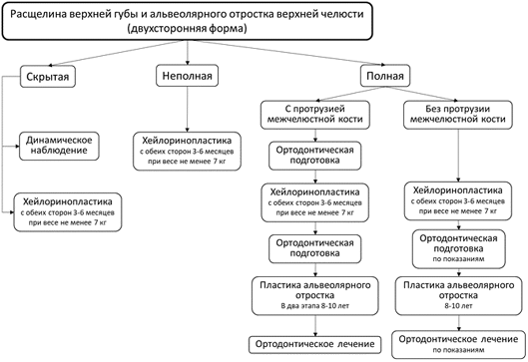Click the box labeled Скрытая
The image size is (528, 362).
point(48,77)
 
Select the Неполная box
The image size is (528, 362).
point(188,76)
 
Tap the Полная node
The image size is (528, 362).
point(385,76)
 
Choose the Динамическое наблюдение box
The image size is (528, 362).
point(59,146)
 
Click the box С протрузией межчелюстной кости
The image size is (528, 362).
point(314,115)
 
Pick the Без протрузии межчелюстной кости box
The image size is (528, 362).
point(458,115)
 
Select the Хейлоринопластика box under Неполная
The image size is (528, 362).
point(188,152)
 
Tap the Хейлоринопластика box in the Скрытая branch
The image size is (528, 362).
point(68,212)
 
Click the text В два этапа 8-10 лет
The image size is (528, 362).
point(315,306)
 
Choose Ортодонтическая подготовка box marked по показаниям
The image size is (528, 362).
point(459,249)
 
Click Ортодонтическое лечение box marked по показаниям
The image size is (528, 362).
point(459,344)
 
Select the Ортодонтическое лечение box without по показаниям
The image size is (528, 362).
point(314,344)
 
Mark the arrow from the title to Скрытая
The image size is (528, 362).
point(116,53)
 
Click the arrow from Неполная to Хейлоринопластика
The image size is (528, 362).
point(188,110)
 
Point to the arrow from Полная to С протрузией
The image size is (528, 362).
point(350,94)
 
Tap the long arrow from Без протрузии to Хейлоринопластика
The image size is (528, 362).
point(458,156)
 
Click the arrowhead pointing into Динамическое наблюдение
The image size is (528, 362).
point(18,147)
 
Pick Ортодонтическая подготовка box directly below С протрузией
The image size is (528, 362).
point(314,156)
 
